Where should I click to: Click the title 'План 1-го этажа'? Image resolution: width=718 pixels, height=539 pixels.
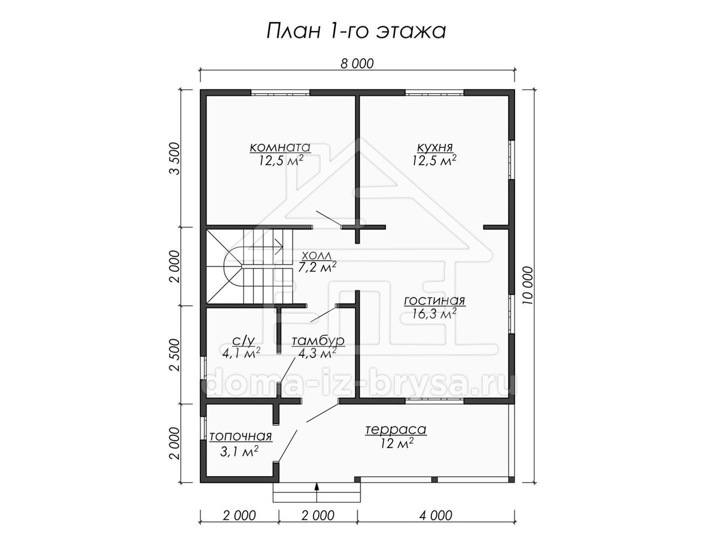pos(356,31)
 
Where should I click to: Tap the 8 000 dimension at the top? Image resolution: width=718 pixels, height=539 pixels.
pos(357,64)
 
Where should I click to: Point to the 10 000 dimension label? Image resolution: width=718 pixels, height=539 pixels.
pos(528,286)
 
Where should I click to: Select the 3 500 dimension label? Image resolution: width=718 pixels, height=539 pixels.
pos(175,158)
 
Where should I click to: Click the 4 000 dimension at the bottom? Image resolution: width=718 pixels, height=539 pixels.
pos(436,516)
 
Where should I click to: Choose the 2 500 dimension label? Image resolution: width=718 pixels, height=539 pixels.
pos(175,355)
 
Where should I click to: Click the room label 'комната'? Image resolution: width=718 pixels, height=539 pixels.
pos(280,147)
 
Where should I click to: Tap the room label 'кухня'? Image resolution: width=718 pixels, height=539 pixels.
pos(435,147)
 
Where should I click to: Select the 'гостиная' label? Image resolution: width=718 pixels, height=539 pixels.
pos(434,301)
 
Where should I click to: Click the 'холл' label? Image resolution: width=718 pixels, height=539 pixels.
pos(317,255)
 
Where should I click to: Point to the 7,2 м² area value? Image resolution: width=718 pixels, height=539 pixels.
pos(317,267)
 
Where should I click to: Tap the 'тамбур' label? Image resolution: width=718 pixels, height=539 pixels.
pos(318,341)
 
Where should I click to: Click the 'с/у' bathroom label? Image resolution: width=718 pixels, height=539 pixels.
pos(243,341)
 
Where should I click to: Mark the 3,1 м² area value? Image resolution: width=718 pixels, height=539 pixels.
pos(239,452)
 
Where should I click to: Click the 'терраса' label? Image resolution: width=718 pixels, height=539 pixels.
pos(396,429)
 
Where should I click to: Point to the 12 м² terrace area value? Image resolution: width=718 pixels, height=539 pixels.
pos(397,443)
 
